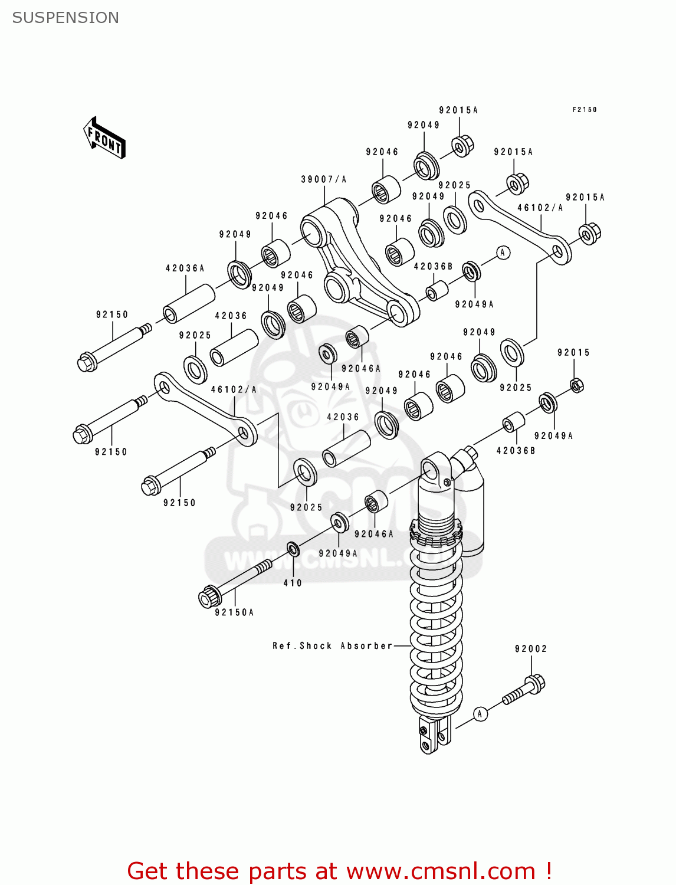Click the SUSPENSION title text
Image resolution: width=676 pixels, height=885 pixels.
pyautogui.click(x=65, y=18)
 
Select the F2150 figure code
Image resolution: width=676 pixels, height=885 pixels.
pyautogui.click(x=584, y=110)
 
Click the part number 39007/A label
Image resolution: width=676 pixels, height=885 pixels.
pyautogui.click(x=323, y=179)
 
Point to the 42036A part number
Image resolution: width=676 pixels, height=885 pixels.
pyautogui.click(x=185, y=268)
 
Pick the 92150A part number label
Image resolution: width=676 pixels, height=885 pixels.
pyautogui.click(x=234, y=612)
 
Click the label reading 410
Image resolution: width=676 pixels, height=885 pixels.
pyautogui.click(x=292, y=583)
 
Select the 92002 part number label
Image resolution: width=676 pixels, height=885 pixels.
pyautogui.click(x=530, y=649)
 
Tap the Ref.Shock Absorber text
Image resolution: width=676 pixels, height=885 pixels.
pyautogui.click(x=332, y=646)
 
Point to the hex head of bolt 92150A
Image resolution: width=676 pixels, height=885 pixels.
pyautogui.click(x=208, y=596)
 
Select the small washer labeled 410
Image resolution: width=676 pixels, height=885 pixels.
pyautogui.click(x=293, y=550)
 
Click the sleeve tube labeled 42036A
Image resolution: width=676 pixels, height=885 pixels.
pyautogui.click(x=189, y=303)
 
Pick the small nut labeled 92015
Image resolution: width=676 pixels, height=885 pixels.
pyautogui.click(x=577, y=385)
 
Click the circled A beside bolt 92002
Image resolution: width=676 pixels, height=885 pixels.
pyautogui.click(x=480, y=714)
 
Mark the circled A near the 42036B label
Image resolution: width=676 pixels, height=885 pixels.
pyautogui.click(x=503, y=253)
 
